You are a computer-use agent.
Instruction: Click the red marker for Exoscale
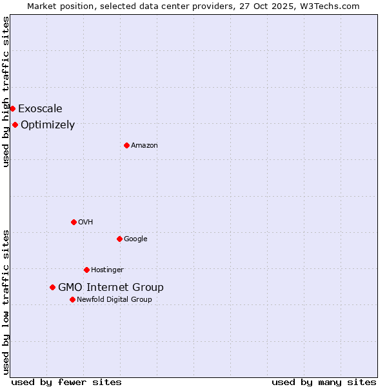pyautogui.click(x=12, y=108)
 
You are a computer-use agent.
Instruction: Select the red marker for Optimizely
pyautogui.click(x=15, y=124)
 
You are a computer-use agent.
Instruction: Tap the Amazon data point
pyautogui.click(x=126, y=145)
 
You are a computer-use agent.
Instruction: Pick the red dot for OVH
pyautogui.click(x=74, y=222)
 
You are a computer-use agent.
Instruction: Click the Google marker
pyautogui.click(x=119, y=239)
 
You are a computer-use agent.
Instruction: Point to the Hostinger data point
pyautogui.click(x=86, y=270)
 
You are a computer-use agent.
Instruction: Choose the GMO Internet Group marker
pyautogui.click(x=52, y=287)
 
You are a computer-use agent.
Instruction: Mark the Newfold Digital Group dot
pyautogui.click(x=72, y=299)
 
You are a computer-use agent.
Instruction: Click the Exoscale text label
pyautogui.click(x=40, y=109)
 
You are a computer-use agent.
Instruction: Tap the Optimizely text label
pyautogui.click(x=48, y=125)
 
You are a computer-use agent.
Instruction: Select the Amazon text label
pyautogui.click(x=144, y=146)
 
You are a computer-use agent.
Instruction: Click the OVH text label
pyautogui.click(x=86, y=223)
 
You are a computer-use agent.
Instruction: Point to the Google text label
pyautogui.click(x=135, y=239)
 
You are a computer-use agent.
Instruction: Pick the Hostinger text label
pyautogui.click(x=107, y=270)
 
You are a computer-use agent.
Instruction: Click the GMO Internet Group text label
pyautogui.click(x=111, y=288)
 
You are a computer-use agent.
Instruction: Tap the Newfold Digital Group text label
pyautogui.click(x=114, y=300)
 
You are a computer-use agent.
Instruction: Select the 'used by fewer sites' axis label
pyautogui.click(x=66, y=382)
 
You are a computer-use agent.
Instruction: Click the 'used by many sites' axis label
pyautogui.click(x=324, y=382)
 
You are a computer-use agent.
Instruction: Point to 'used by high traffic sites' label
pyautogui.click(x=6, y=92)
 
